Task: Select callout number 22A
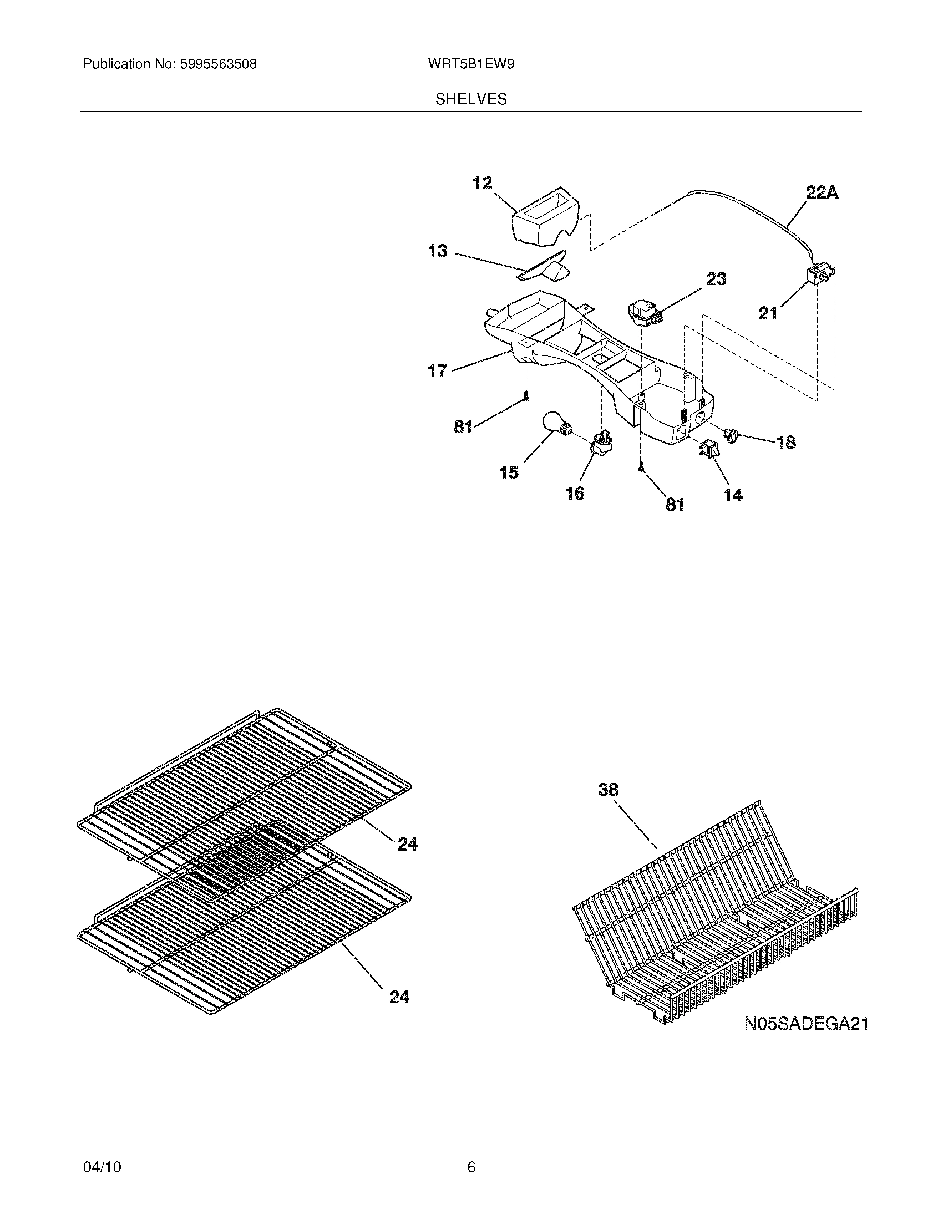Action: (x=822, y=193)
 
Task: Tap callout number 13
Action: (x=438, y=251)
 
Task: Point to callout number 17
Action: (x=438, y=370)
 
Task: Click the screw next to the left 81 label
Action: (x=526, y=396)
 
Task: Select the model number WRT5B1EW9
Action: (x=470, y=64)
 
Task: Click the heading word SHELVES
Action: (x=471, y=99)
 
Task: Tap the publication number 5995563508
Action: (x=218, y=64)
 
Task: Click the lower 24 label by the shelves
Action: (x=399, y=997)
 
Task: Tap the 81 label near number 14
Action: (x=675, y=504)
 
